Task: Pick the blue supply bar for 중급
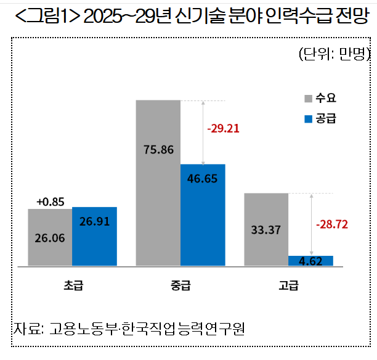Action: click(203, 215)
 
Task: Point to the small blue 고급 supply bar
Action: click(310, 261)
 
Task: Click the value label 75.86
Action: click(158, 149)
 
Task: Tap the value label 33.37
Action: click(266, 231)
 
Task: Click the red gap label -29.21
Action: click(223, 129)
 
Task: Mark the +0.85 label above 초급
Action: click(50, 202)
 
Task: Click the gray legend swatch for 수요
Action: click(307, 98)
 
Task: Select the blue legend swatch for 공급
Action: click(307, 117)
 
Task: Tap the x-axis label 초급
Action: click(72, 285)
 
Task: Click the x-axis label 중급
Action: click(180, 285)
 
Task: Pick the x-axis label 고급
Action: click(288, 285)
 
